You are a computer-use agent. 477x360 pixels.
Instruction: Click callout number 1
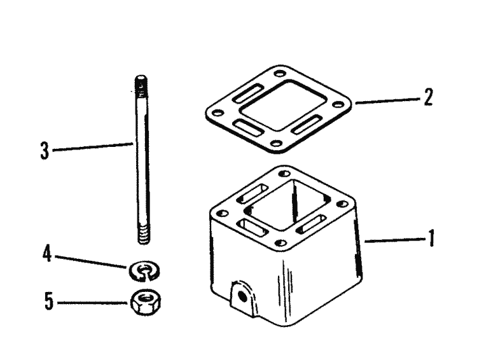pyautogui.click(x=431, y=239)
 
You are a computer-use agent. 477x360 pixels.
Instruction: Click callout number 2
pyautogui.click(x=428, y=97)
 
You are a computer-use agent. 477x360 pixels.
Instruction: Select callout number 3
pyautogui.click(x=45, y=151)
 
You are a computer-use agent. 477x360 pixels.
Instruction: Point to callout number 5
pyautogui.click(x=49, y=301)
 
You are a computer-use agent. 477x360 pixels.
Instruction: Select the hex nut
pyautogui.click(x=146, y=301)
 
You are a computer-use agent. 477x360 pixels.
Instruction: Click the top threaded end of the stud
pyautogui.click(x=141, y=86)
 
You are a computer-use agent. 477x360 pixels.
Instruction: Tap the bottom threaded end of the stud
pyautogui.click(x=143, y=234)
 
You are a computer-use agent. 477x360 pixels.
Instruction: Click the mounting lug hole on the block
pyautogui.click(x=242, y=296)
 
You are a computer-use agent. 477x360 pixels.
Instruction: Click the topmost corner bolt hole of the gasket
pyautogui.click(x=279, y=74)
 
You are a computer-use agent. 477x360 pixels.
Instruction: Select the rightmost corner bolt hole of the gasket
pyautogui.click(x=337, y=105)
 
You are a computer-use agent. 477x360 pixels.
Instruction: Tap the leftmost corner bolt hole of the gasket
pyautogui.click(x=217, y=113)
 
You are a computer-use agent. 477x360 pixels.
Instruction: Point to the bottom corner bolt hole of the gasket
pyautogui.click(x=276, y=143)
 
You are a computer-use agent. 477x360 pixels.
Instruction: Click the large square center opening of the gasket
pyautogui.click(x=284, y=106)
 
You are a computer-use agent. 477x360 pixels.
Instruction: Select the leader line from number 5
pyautogui.click(x=92, y=303)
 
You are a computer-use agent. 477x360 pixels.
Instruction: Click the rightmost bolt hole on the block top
pyautogui.click(x=343, y=204)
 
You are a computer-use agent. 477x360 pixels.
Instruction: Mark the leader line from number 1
pyautogui.click(x=394, y=240)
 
